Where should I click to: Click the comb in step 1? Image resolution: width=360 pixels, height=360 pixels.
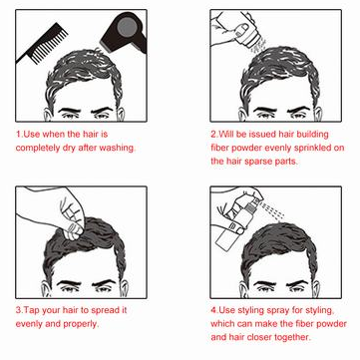click(x=43, y=43)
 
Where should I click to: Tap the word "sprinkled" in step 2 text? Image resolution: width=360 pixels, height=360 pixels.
click(x=312, y=148)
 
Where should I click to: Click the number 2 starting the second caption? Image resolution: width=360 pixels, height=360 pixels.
click(x=213, y=135)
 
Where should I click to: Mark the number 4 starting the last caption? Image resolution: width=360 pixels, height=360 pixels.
click(x=213, y=311)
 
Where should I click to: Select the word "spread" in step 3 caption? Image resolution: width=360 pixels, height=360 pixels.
click(x=104, y=311)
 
